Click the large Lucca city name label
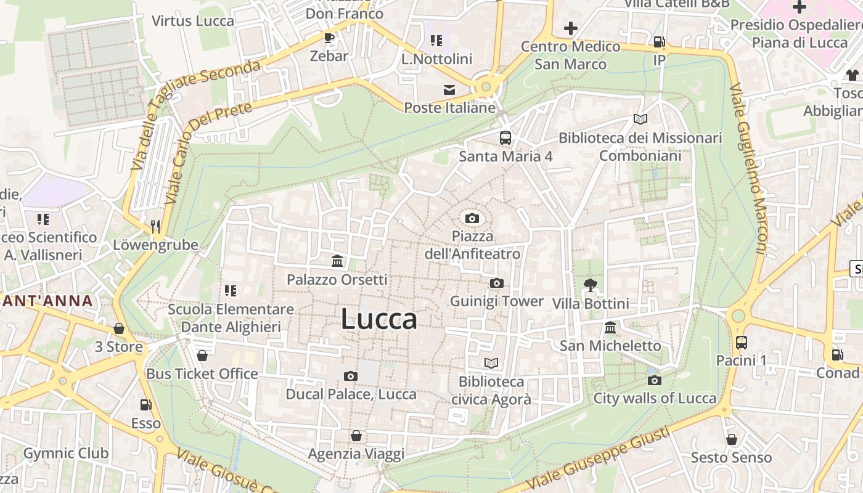(x=378, y=319)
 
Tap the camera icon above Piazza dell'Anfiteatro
(x=472, y=218)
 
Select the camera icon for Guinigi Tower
(x=496, y=283)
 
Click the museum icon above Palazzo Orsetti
(x=337, y=261)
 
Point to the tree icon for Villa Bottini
(x=591, y=285)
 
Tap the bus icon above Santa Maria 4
(x=505, y=137)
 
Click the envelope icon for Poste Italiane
(x=449, y=90)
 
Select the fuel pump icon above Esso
(x=146, y=405)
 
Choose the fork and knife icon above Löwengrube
(x=155, y=227)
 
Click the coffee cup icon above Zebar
(x=329, y=38)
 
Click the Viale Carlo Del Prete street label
(x=208, y=154)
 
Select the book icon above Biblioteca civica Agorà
(x=491, y=363)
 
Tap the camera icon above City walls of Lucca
(x=655, y=380)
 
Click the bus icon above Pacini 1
(x=741, y=342)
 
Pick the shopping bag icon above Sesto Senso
(x=732, y=439)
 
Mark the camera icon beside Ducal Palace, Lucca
(x=350, y=376)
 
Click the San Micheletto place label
(x=610, y=346)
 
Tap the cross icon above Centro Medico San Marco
(x=571, y=28)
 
